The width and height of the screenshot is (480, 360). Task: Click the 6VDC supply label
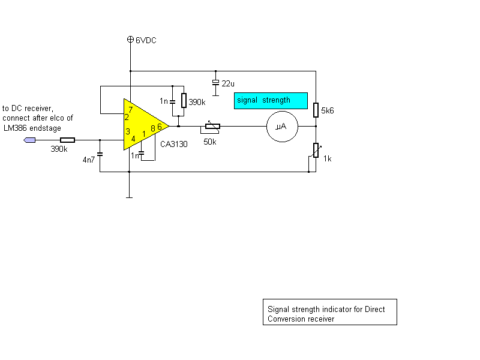[x=146, y=40]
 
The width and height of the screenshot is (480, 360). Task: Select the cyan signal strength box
[x=271, y=101]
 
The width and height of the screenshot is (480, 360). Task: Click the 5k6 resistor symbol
[x=316, y=110]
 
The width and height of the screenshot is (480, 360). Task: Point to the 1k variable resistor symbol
[x=316, y=151]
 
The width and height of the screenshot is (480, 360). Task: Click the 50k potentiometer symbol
[x=212, y=126]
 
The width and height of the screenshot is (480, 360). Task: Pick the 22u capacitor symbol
[x=215, y=83]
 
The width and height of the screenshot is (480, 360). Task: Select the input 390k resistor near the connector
[x=67, y=140]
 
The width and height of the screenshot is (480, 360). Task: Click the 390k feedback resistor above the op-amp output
[x=184, y=100]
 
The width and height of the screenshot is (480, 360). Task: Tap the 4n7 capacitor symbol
[x=100, y=154]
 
